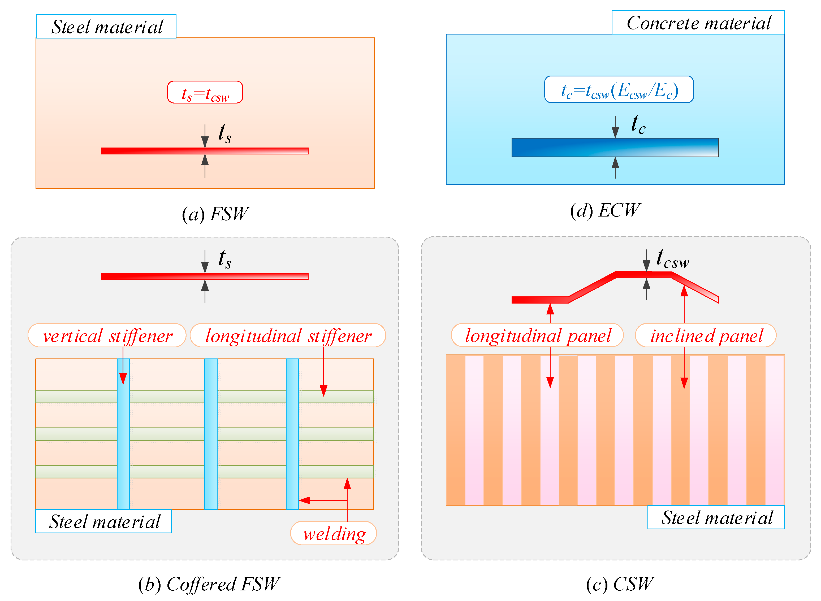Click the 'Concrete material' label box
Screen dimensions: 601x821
[697, 23]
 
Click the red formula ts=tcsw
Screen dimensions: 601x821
[205, 92]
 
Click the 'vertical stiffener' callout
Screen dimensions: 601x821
[107, 335]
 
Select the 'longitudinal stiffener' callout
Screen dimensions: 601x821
[288, 335]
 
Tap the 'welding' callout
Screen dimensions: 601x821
[334, 533]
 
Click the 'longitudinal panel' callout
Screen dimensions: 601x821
[537, 335]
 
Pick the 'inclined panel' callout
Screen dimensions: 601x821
[706, 335]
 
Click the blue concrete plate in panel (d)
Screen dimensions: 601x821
[615, 147]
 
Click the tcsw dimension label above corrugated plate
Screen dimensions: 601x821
[672, 259]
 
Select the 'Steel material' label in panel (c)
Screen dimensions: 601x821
[716, 517]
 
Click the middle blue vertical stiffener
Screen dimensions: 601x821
[211, 434]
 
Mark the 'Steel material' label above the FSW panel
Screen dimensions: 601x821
[106, 27]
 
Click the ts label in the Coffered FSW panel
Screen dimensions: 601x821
[224, 259]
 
